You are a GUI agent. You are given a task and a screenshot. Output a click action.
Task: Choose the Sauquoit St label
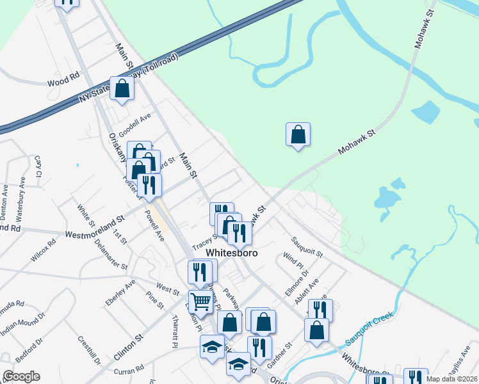[307, 247]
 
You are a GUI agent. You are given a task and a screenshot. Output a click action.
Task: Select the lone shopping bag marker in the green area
[298, 134]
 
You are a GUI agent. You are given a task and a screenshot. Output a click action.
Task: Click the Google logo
[21, 376]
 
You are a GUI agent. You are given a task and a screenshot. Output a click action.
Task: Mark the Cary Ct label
[38, 166]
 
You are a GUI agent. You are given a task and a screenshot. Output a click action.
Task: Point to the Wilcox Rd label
[44, 250]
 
